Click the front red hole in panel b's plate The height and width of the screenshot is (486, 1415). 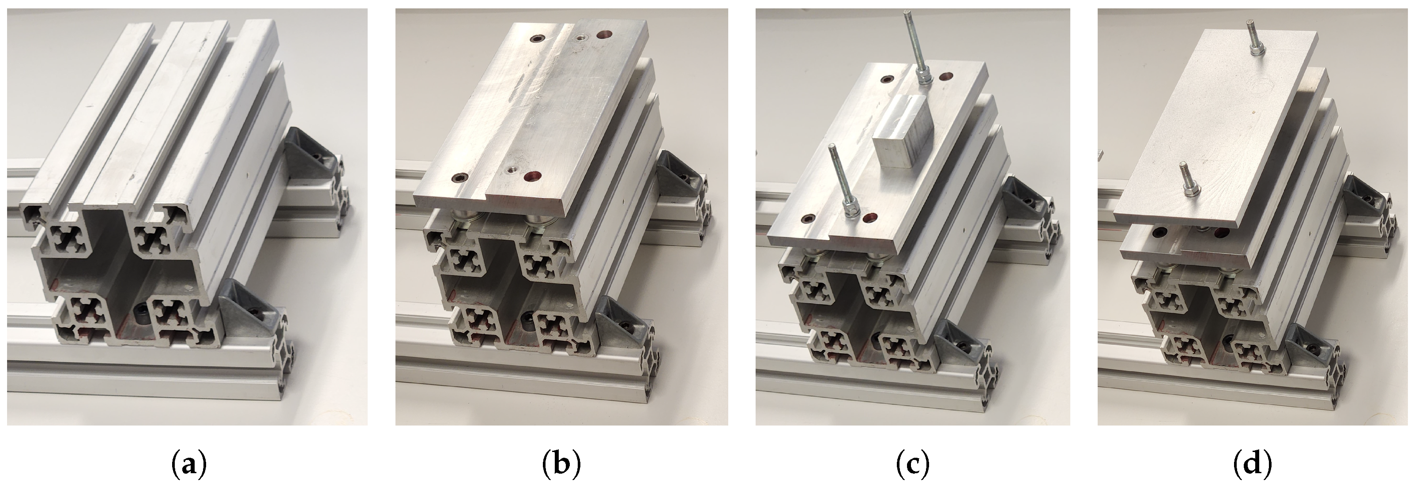point(532,176)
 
